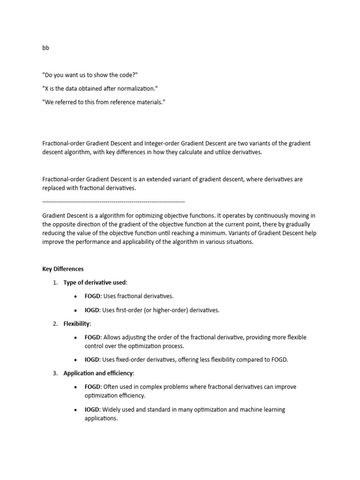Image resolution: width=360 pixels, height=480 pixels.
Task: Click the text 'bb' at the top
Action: click(45, 48)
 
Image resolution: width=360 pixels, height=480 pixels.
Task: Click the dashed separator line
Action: click(113, 202)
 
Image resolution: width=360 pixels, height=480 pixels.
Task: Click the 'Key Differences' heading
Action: click(63, 269)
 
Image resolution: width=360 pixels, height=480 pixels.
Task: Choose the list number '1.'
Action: click(55, 283)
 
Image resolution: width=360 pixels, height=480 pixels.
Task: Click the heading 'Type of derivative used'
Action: click(95, 283)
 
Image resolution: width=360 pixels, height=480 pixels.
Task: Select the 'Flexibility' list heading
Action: click(77, 323)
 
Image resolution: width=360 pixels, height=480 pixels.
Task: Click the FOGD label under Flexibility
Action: click(92, 337)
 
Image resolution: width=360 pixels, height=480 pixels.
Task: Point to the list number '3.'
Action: click(55, 373)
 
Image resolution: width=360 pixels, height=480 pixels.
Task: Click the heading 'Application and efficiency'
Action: click(98, 373)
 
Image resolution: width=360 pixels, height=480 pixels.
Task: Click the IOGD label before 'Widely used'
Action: click(92, 409)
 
